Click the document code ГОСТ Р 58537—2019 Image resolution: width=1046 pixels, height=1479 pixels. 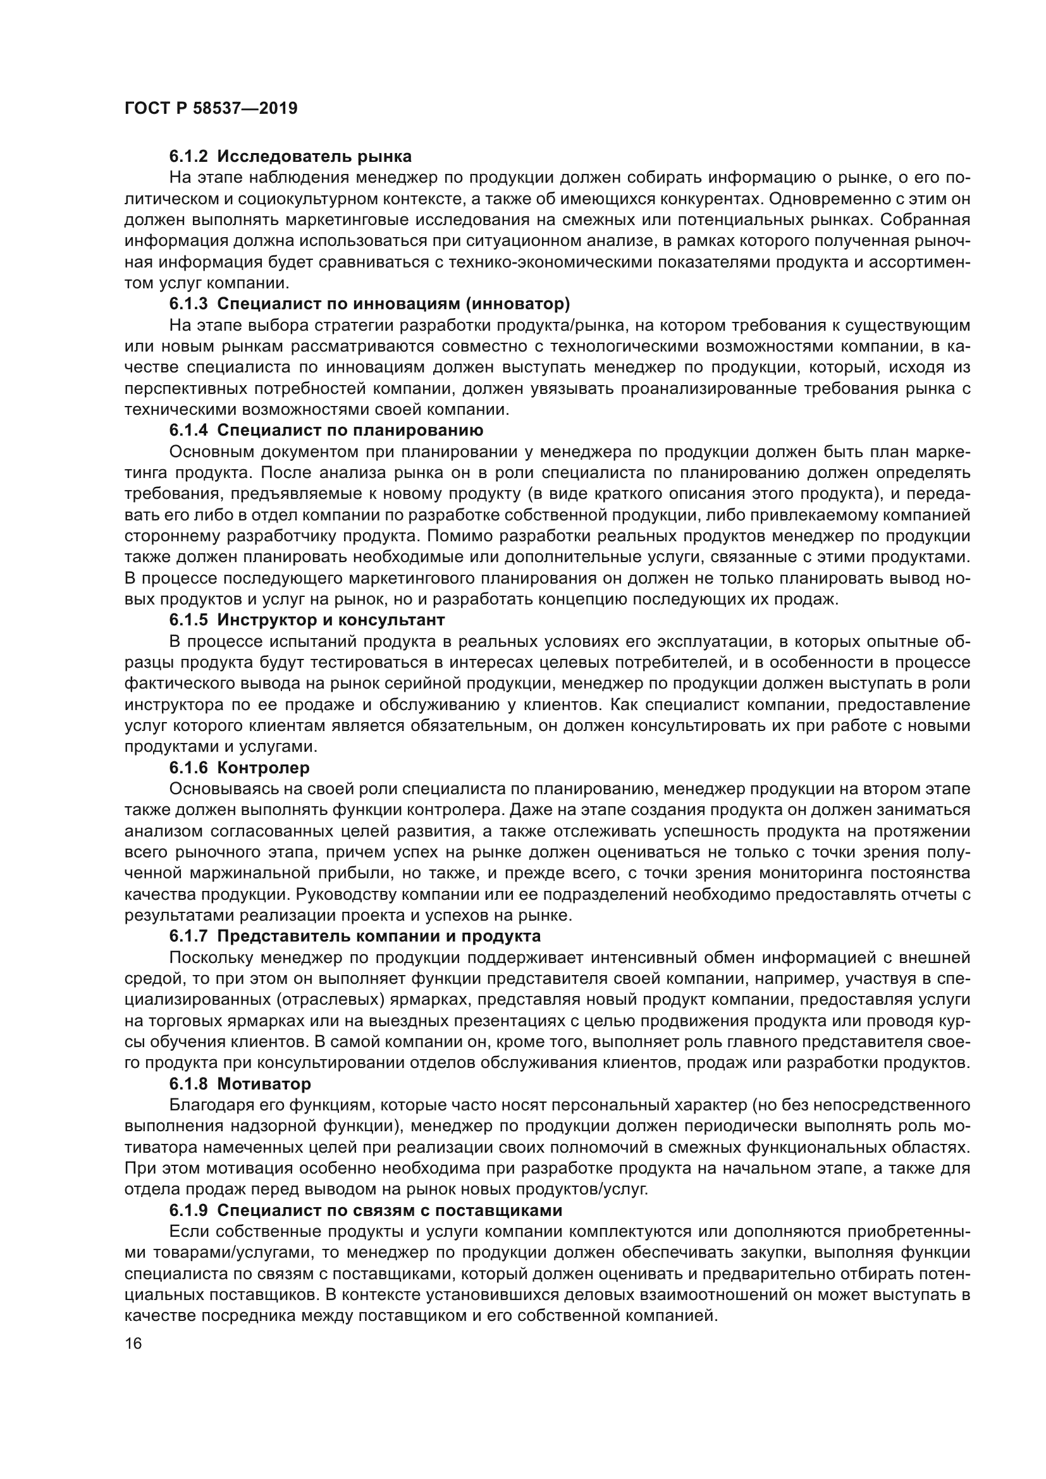[x=211, y=108]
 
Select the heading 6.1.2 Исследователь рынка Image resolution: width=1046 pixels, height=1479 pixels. [x=290, y=156]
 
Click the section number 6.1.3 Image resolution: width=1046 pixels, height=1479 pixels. [x=188, y=304]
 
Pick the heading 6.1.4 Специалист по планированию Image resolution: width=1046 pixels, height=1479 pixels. [x=326, y=429]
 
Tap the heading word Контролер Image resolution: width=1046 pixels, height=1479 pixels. [x=264, y=768]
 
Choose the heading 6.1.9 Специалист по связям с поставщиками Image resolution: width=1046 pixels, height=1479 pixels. [x=365, y=1210]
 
